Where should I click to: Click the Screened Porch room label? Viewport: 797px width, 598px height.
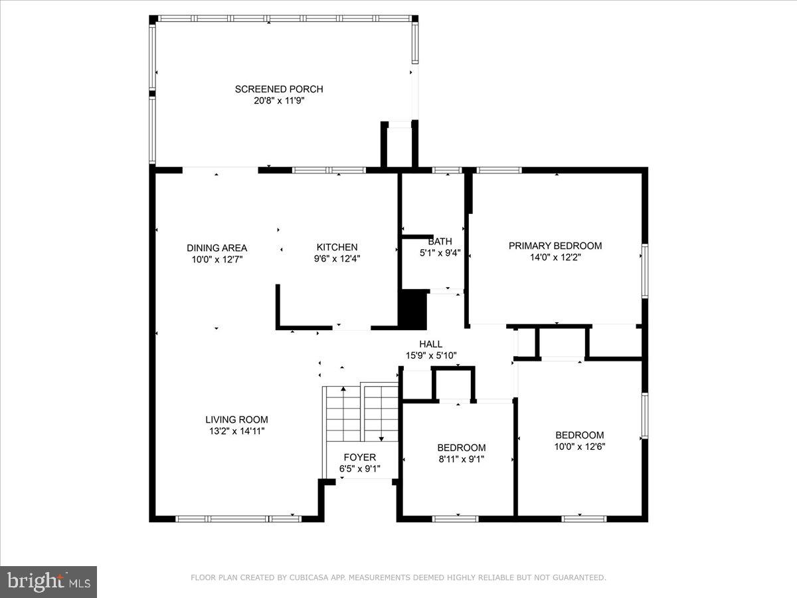click(279, 89)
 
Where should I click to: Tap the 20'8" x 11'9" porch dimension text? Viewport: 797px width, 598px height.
click(279, 100)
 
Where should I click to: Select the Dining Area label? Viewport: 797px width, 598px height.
click(217, 248)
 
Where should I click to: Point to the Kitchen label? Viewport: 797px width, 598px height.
click(337, 247)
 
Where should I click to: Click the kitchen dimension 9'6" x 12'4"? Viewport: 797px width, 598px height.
click(337, 258)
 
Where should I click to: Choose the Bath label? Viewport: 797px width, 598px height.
click(440, 241)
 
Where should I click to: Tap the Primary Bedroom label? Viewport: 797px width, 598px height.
click(555, 246)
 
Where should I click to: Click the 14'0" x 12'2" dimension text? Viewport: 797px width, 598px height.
click(555, 257)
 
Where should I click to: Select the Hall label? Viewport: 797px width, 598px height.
click(430, 344)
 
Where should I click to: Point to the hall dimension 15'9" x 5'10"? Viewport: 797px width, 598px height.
click(431, 355)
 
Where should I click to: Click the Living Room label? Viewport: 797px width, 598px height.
click(236, 419)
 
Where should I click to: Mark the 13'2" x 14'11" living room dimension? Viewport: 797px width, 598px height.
click(236, 431)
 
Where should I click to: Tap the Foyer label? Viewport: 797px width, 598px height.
click(359, 457)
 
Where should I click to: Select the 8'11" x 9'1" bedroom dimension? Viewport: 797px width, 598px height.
click(461, 458)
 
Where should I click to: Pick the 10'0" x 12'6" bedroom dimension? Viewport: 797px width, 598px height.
click(580, 447)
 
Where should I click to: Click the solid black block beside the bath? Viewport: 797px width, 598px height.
click(412, 309)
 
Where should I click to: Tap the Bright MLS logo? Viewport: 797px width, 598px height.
click(48, 581)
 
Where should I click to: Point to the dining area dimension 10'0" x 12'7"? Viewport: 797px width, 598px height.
click(217, 259)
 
